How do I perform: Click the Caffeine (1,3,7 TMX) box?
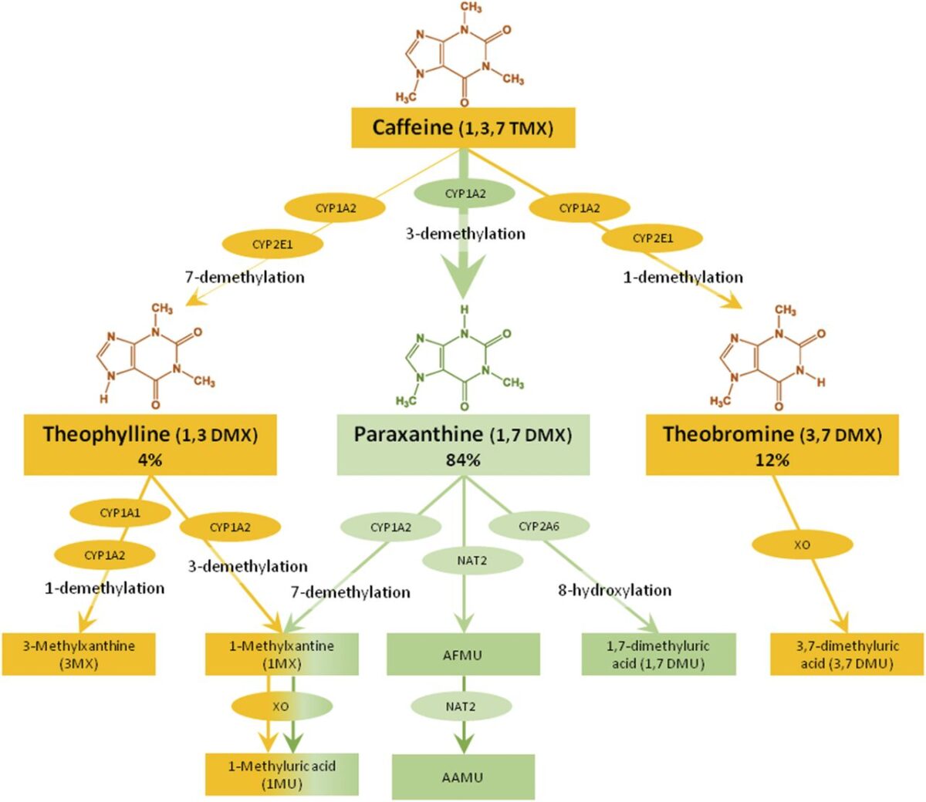(x=463, y=127)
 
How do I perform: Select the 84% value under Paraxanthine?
(x=463, y=460)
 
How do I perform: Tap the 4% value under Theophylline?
(x=150, y=460)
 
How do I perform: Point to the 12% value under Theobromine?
(x=772, y=460)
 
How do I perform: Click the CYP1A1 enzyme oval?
(x=120, y=513)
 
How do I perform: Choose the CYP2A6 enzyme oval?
(x=539, y=527)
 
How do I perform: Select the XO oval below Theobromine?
(x=803, y=545)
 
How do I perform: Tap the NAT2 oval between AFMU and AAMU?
(x=461, y=706)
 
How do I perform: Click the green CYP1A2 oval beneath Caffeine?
(x=465, y=194)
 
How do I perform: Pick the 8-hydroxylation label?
(x=614, y=591)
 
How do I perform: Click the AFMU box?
(x=463, y=655)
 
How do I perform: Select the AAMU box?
(x=463, y=777)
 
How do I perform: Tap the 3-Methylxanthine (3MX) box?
(x=79, y=654)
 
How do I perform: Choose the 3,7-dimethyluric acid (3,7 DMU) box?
(x=847, y=654)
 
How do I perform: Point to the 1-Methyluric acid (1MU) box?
(x=282, y=774)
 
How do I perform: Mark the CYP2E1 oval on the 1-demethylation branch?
(x=653, y=238)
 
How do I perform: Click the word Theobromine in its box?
(x=728, y=434)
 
